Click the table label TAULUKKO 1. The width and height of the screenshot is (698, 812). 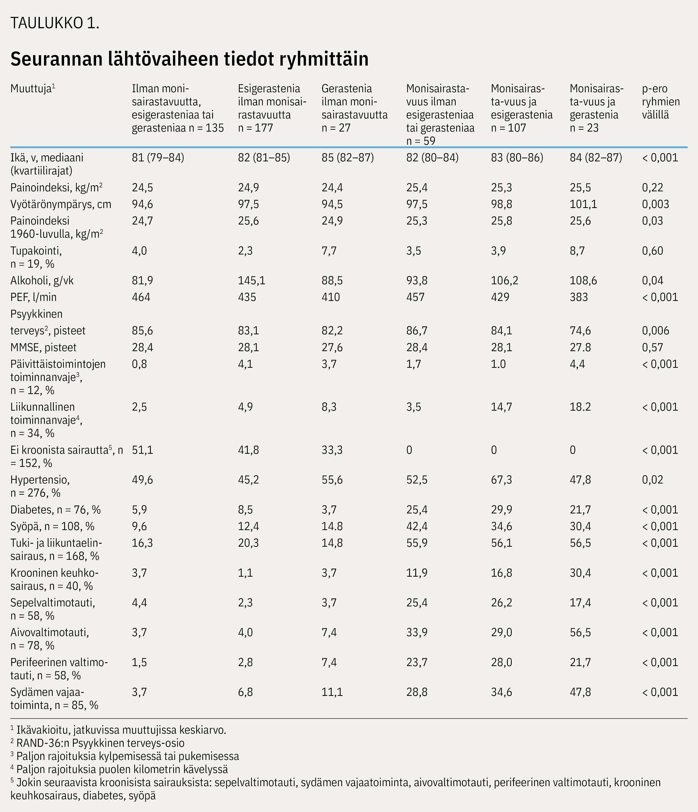[55, 23]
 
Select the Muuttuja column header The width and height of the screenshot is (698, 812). [33, 89]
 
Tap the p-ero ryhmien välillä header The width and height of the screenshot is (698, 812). [661, 101]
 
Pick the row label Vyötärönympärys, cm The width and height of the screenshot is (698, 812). [61, 204]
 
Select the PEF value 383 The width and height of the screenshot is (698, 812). [579, 297]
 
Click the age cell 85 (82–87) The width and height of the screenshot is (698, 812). [348, 158]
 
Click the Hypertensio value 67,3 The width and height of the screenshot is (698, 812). [501, 480]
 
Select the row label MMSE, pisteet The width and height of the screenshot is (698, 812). [44, 347]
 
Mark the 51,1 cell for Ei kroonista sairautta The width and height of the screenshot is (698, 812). [142, 450]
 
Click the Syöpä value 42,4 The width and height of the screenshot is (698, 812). [417, 526]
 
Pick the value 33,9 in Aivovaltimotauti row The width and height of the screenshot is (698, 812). [417, 633]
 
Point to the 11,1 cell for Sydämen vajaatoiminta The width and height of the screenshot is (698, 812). [332, 692]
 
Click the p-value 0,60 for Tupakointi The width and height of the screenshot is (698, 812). [652, 251]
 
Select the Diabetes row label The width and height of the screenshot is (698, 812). [55, 510]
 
